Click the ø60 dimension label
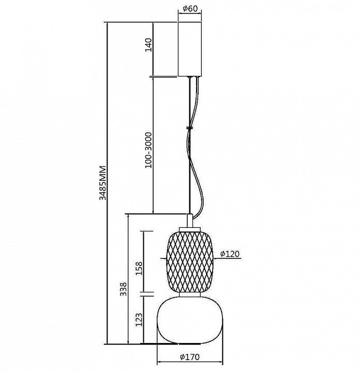click(x=190, y=9)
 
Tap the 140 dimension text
click(x=148, y=45)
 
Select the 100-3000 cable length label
click(x=148, y=150)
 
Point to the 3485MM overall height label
click(x=102, y=183)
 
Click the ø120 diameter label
click(x=230, y=254)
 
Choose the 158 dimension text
click(x=139, y=268)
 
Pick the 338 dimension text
click(x=123, y=289)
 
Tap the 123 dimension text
click(x=139, y=320)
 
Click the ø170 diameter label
click(x=190, y=357)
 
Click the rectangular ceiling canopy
click(x=190, y=49)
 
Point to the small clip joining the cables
click(x=189, y=128)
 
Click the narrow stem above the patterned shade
click(x=190, y=221)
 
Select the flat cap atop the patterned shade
click(x=190, y=229)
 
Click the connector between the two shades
click(x=190, y=295)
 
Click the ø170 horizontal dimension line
click(x=190, y=362)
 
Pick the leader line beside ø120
click(x=228, y=259)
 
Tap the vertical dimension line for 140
click(x=153, y=50)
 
